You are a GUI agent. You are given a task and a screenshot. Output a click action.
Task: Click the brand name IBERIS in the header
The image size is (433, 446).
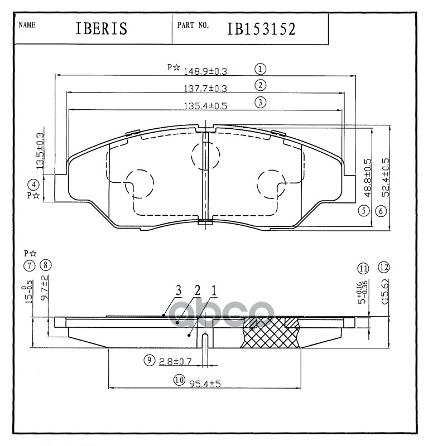(x=102, y=29)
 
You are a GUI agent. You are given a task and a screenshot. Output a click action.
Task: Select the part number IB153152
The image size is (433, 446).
(x=261, y=29)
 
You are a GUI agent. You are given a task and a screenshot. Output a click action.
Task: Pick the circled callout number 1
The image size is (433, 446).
(x=260, y=69)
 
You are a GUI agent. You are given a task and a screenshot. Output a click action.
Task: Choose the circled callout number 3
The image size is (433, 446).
(x=260, y=102)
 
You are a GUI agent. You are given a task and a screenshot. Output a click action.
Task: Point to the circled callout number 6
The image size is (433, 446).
(x=381, y=211)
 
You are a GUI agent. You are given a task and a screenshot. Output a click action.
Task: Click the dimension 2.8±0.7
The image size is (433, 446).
(x=175, y=361)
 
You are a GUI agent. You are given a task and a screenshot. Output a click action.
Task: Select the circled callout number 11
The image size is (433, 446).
(x=364, y=269)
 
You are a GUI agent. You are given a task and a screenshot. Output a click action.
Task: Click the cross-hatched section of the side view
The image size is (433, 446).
(x=271, y=334)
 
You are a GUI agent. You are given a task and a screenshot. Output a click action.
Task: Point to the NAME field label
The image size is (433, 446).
(x=27, y=26)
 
